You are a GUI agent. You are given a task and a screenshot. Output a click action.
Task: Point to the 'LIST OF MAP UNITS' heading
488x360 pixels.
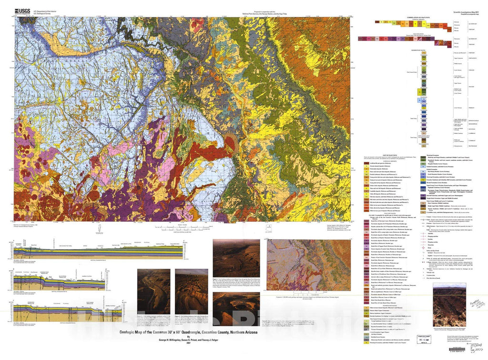tap(380, 155)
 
